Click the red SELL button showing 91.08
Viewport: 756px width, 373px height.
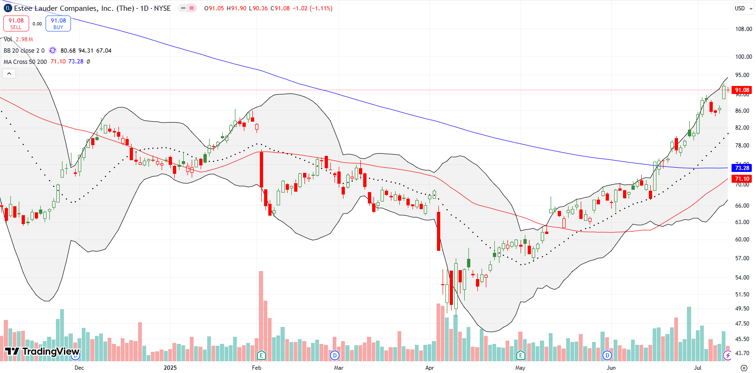tap(16, 23)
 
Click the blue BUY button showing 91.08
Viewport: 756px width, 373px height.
tap(58, 23)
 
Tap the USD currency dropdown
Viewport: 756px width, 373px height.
tap(742, 8)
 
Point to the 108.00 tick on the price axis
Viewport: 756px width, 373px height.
tap(743, 29)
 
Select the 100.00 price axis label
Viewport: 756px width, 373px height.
tap(743, 57)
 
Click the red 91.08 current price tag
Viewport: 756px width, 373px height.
tap(742, 90)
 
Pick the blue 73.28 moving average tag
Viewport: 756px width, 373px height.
tap(742, 168)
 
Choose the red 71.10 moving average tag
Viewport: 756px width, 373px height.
tap(742, 179)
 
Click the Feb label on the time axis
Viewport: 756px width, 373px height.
tap(257, 368)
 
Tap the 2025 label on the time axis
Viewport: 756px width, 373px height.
tap(170, 368)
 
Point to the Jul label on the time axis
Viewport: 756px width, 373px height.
tap(698, 368)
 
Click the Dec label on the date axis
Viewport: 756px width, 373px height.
tap(79, 368)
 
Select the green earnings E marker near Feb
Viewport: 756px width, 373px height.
tap(261, 355)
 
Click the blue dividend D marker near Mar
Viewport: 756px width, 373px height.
tap(335, 355)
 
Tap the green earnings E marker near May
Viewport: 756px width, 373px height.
tap(520, 355)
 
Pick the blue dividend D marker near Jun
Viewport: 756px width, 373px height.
tap(607, 355)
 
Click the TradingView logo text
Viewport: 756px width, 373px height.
tap(42, 351)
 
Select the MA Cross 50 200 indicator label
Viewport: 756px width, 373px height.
tap(25, 62)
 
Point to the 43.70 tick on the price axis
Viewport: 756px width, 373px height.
tap(743, 353)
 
